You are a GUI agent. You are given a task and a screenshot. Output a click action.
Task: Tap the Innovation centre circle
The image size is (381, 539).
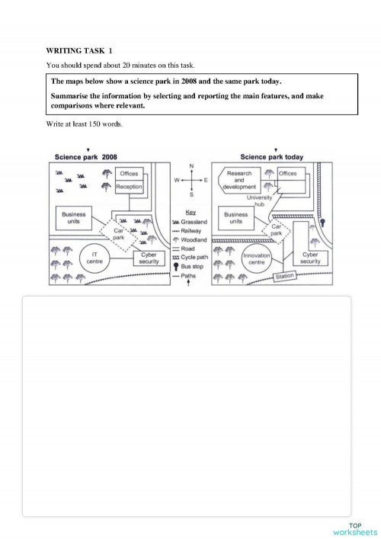coord(256,259)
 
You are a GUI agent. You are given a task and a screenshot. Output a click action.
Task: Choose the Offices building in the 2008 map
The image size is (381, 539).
coord(129,174)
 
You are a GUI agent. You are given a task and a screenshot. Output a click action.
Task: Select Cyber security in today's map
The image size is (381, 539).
coord(309,258)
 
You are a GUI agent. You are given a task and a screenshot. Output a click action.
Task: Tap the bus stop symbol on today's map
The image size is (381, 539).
coord(323,223)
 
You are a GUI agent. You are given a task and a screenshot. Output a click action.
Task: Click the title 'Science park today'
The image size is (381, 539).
coord(271,158)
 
